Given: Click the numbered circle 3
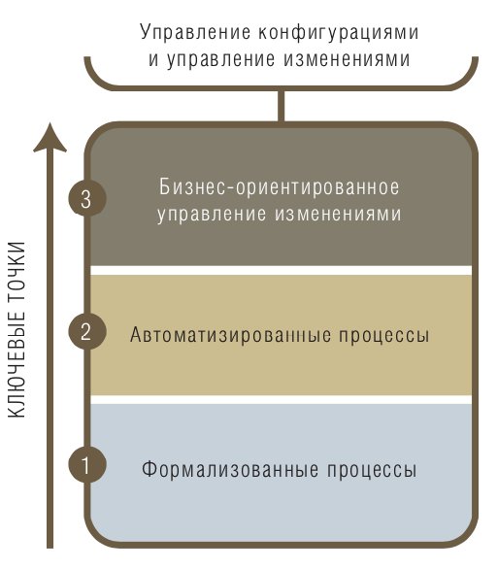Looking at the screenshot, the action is coord(87,198).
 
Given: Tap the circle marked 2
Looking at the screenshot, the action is coord(87,331).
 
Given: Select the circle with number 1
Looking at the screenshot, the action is coord(87,464).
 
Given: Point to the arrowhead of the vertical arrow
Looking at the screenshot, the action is coord(50,138).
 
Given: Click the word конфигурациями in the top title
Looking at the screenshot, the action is coord(338,33).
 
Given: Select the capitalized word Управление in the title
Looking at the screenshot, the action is coord(195,33).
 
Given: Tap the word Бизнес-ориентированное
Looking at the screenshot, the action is coord(280,187).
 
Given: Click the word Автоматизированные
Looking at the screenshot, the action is coord(230,334).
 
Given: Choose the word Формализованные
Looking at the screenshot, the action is coord(230,469).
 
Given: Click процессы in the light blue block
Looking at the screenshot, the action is coord(372,470).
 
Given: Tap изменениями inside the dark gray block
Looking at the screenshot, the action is coord(338,214).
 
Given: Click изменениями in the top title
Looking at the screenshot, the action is coord(348,59).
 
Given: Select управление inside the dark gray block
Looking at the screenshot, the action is coord(212,215).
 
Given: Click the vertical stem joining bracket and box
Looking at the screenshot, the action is coord(281,105).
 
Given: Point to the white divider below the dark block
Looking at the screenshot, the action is coord(281,270).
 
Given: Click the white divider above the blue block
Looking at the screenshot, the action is coord(281,399).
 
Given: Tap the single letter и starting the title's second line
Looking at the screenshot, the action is coord(153,60).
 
